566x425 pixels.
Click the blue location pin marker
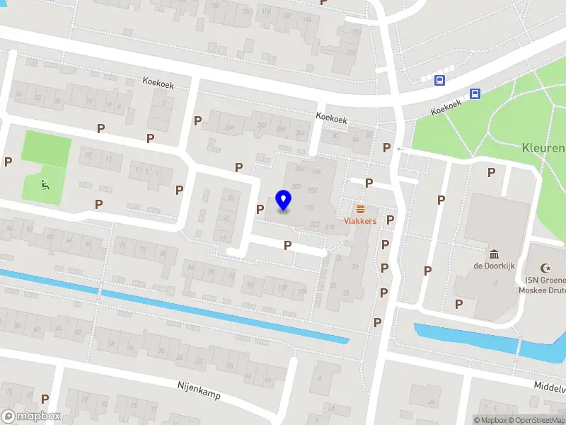click(x=284, y=200)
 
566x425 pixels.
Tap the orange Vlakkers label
click(x=360, y=221)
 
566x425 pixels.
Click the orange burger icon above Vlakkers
click(x=360, y=209)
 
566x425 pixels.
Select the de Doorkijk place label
click(x=494, y=266)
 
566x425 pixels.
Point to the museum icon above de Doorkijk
click(x=494, y=254)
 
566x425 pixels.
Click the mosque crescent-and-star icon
click(x=545, y=268)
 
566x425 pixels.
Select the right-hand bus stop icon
click(x=474, y=93)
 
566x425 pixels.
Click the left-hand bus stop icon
click(x=439, y=80)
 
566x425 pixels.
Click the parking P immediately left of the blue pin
click(x=260, y=209)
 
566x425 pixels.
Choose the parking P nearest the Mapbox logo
click(x=45, y=399)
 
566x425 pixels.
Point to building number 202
click(x=296, y=188)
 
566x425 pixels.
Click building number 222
click(x=313, y=225)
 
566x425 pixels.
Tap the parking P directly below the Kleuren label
click(x=490, y=172)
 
